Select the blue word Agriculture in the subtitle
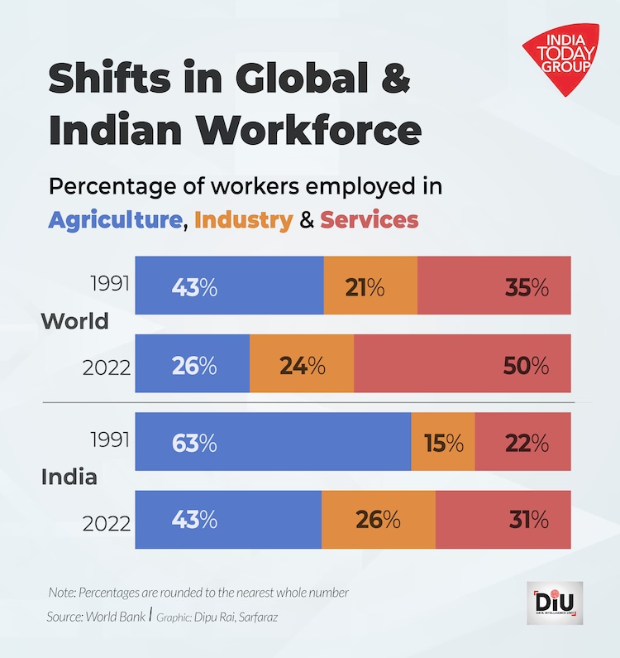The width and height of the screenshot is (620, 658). click(x=115, y=220)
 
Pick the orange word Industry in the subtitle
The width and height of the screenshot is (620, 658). click(x=244, y=220)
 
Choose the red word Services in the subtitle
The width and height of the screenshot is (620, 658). click(x=369, y=220)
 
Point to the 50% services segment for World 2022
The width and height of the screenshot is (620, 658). click(x=462, y=364)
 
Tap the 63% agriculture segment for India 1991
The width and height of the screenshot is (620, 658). click(x=273, y=442)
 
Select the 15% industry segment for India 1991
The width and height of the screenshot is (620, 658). click(x=443, y=442)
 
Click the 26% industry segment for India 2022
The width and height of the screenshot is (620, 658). click(x=378, y=520)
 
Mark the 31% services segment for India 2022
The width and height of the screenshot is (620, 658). click(x=503, y=520)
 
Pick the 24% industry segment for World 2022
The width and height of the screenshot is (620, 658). click(x=302, y=364)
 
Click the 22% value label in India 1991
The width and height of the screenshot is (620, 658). click(x=527, y=443)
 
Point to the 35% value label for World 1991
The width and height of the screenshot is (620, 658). click(x=527, y=287)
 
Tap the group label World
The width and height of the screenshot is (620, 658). click(x=75, y=321)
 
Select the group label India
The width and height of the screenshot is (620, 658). click(x=69, y=478)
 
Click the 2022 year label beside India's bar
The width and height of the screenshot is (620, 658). click(x=107, y=523)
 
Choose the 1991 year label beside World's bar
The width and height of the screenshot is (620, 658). click(x=109, y=284)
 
